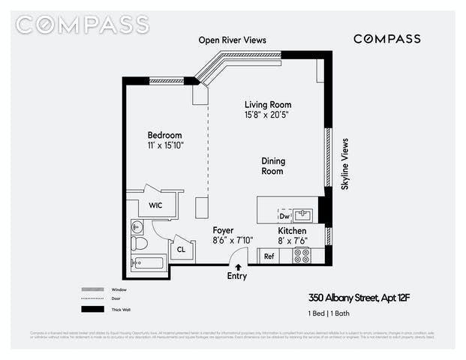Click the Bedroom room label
[x=164, y=135]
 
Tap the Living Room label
[x=268, y=104]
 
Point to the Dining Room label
[x=272, y=166]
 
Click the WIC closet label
[x=155, y=205]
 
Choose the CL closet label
[x=180, y=250]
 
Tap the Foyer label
[x=223, y=230]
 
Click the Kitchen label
[x=293, y=230]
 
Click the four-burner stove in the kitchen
[x=302, y=255]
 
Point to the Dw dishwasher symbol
[x=285, y=215]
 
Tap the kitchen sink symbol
[x=302, y=214]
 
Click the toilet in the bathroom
[x=139, y=243]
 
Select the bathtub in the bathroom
[x=147, y=262]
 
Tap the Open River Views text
[x=233, y=40]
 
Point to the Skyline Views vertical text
[x=345, y=163]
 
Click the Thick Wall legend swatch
[x=93, y=309]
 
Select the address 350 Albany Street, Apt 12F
[x=360, y=298]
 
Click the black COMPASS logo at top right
[x=386, y=39]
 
